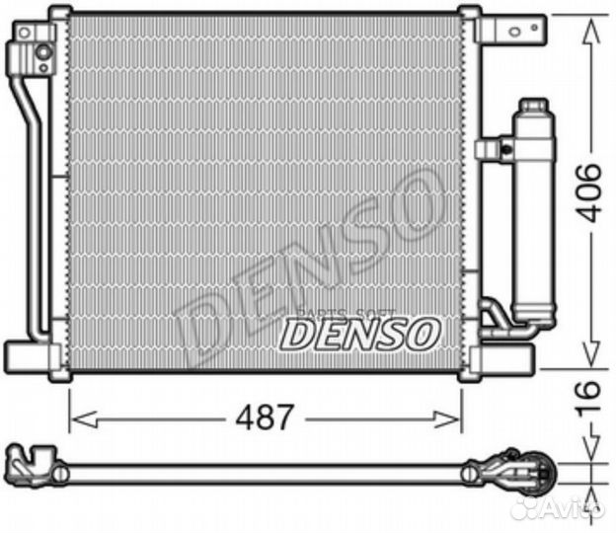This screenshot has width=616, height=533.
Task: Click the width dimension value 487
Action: [265, 418]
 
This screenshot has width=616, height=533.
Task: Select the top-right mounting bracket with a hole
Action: [514, 29]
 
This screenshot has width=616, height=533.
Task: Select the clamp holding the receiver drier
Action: [494, 150]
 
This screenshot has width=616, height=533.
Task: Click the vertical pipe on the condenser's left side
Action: [34, 197]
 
